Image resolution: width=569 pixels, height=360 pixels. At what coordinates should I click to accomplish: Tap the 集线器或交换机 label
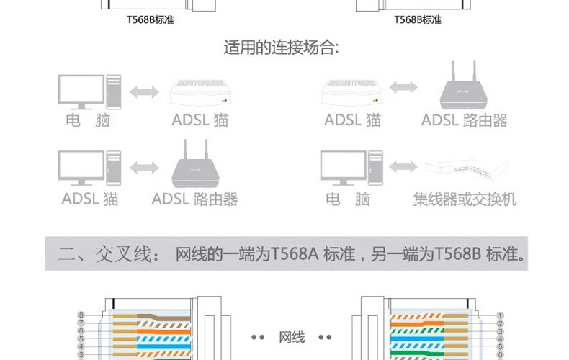[465, 199]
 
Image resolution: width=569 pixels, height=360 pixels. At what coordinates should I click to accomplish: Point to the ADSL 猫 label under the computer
[90, 199]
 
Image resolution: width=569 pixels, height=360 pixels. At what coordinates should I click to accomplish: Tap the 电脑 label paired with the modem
[88, 120]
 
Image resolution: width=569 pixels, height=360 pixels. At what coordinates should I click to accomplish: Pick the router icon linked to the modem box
[464, 89]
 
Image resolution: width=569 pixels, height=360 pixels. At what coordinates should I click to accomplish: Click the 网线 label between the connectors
[292, 337]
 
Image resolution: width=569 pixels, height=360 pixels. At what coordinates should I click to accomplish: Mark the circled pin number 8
[81, 315]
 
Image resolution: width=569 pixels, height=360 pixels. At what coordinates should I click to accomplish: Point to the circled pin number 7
[81, 323]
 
